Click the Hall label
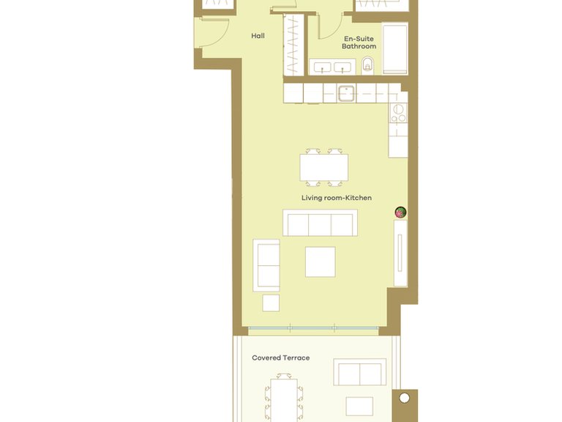pos(258,35)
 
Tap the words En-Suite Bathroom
pos(359,42)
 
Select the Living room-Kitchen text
pos(336,198)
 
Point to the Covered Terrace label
pos(280,358)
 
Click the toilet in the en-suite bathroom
pos(369,64)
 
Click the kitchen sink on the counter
pos(346,93)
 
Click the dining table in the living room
pos(323,168)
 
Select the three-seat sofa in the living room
pos(320,223)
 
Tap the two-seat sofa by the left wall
pos(266,264)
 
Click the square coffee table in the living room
pos(320,262)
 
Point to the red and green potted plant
pos(400,212)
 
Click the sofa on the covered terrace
pos(359,372)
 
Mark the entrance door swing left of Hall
pos(211,33)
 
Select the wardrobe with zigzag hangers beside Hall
pos(293,44)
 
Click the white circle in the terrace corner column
pos(404,399)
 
